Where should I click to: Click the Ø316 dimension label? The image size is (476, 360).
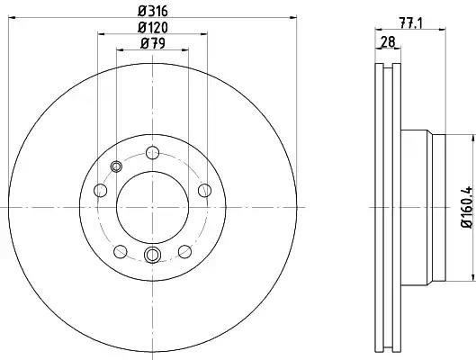click(151, 10)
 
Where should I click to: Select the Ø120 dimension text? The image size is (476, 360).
click(151, 26)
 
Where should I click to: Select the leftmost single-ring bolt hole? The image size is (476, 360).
click(98, 191)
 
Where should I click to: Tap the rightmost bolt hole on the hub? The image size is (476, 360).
click(205, 189)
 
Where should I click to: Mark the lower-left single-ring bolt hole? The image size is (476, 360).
click(119, 250)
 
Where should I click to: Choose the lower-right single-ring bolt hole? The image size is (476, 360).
click(184, 250)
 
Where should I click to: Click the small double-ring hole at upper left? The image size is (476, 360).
click(115, 166)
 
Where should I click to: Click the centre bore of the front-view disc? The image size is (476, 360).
click(151, 206)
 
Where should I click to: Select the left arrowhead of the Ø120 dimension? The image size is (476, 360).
click(100, 35)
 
